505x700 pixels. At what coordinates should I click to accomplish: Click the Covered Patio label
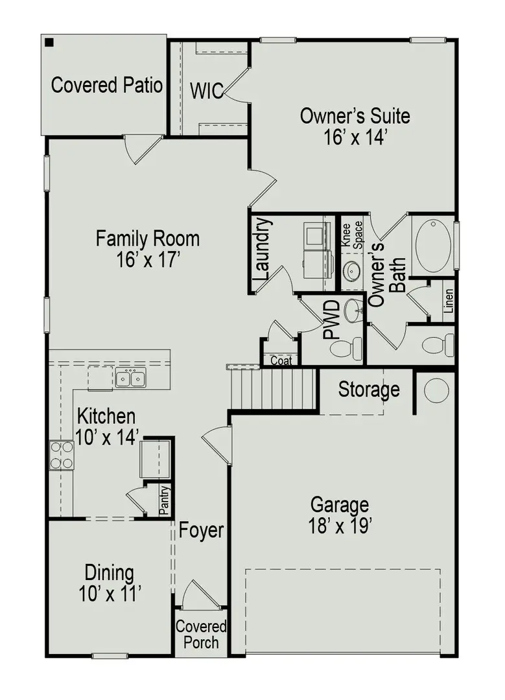[x=106, y=86]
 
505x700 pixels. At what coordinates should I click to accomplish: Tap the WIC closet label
[x=207, y=90]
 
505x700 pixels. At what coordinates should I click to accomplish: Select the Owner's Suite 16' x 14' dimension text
[x=355, y=137]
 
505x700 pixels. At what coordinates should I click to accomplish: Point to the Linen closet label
[x=449, y=301]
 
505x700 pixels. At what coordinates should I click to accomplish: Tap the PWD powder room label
[x=331, y=320]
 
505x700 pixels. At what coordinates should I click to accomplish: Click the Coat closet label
[x=281, y=361]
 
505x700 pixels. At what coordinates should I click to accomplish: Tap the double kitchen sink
[x=130, y=378]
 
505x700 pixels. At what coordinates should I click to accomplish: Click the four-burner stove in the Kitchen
[x=61, y=455]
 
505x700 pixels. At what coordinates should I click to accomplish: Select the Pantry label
[x=165, y=500]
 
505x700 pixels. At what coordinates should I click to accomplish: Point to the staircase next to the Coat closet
[x=272, y=389]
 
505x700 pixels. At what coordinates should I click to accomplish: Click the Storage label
[x=369, y=390]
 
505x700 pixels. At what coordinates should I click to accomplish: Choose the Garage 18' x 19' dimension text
[x=339, y=525]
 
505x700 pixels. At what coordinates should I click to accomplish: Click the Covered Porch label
[x=201, y=635]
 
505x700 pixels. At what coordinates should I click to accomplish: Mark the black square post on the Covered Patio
[x=50, y=43]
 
